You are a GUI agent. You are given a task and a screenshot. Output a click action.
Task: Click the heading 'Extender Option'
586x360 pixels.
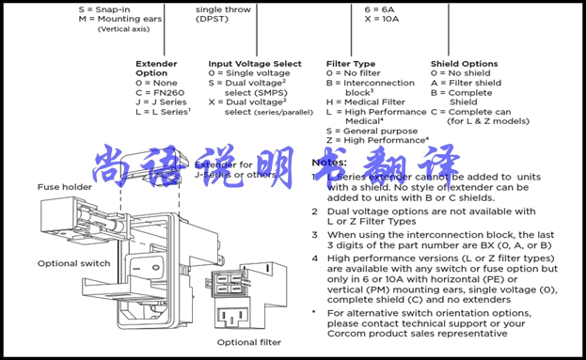[152, 69]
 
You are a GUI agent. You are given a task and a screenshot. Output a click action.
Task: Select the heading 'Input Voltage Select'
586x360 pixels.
[254, 64]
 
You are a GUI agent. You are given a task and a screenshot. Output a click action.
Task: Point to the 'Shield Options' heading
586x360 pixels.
[464, 64]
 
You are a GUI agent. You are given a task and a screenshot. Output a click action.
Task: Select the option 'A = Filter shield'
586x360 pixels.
[466, 83]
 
